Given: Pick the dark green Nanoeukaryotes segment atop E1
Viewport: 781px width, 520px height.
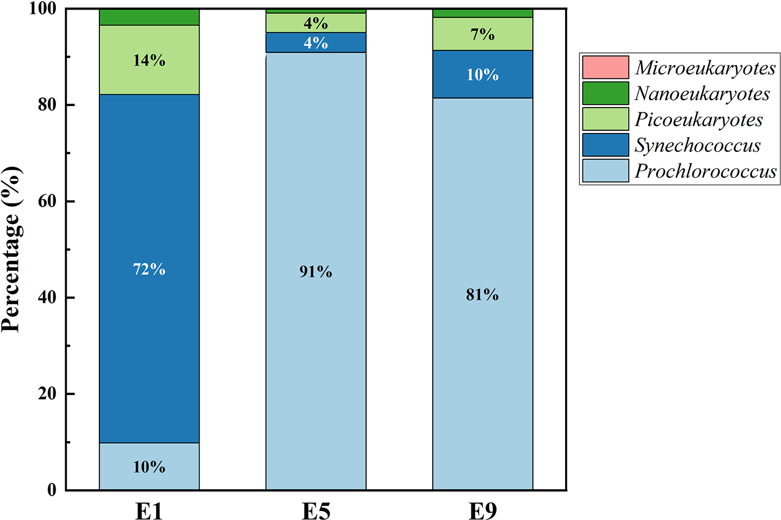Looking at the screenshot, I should [149, 17].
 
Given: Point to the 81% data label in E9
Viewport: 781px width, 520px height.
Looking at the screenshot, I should [482, 294].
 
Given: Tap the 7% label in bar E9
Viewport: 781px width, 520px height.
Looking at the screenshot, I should [482, 35].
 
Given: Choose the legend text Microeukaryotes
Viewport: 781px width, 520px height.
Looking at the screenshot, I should [705, 68].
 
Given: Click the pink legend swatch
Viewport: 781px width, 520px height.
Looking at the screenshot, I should [605, 67].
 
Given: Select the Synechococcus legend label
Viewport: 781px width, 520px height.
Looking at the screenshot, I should [697, 145].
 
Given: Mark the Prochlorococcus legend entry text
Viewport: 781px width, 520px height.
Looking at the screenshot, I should [705, 171].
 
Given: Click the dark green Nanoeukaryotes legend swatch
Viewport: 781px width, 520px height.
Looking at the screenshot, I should [605, 93].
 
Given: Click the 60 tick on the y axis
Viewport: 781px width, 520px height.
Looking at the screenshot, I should [48, 201].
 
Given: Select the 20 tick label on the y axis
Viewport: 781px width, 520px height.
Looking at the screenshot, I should [48, 393].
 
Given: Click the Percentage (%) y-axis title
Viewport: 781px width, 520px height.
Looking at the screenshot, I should [12, 249].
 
